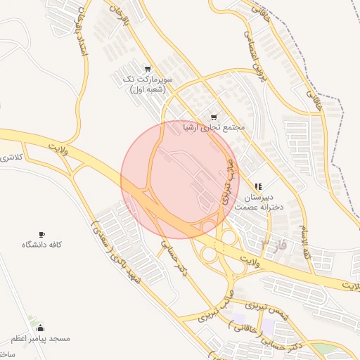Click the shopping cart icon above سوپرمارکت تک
[147, 69]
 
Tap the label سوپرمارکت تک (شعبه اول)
[147, 85]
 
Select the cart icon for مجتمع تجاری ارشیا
[213, 117]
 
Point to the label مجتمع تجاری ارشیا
[213, 129]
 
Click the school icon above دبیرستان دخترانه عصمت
[258, 186]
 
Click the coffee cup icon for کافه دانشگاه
[41, 234]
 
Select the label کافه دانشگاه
[42, 245]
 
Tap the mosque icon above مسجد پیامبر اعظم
[40, 328]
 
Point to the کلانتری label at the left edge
[11, 156]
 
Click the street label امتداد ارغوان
[79, 35]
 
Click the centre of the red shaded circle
[180, 180]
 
